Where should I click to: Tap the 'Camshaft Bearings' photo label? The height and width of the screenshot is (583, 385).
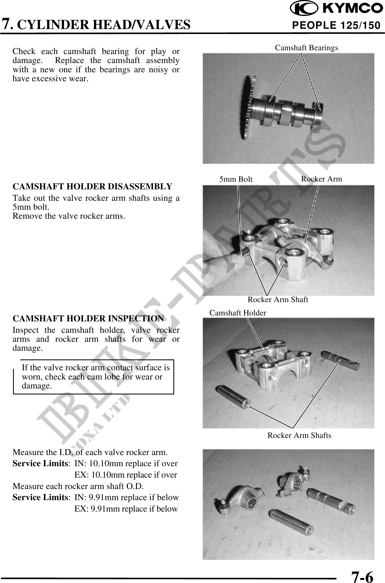pos(306,48)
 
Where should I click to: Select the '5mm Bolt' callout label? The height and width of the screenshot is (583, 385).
pos(236,179)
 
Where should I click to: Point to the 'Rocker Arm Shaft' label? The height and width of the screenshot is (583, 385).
pos(278,300)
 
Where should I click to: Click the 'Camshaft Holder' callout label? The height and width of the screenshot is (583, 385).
pos(238,313)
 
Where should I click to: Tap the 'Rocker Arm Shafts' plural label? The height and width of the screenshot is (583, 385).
pos(299,435)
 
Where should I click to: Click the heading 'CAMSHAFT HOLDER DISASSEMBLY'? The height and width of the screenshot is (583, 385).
pos(93,187)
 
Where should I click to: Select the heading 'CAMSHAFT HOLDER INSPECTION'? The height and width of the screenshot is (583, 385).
pos(88,318)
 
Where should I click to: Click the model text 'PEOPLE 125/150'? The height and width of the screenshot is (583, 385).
pos(336,26)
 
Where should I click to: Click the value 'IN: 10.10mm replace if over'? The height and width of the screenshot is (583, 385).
pos(126,463)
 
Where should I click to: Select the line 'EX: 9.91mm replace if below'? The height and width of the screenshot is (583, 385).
pos(126,509)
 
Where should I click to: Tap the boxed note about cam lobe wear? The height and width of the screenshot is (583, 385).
pos(94,377)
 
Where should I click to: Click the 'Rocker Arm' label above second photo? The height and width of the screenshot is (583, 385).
pos(322,179)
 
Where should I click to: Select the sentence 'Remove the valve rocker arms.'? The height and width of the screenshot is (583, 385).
pos(69,216)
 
